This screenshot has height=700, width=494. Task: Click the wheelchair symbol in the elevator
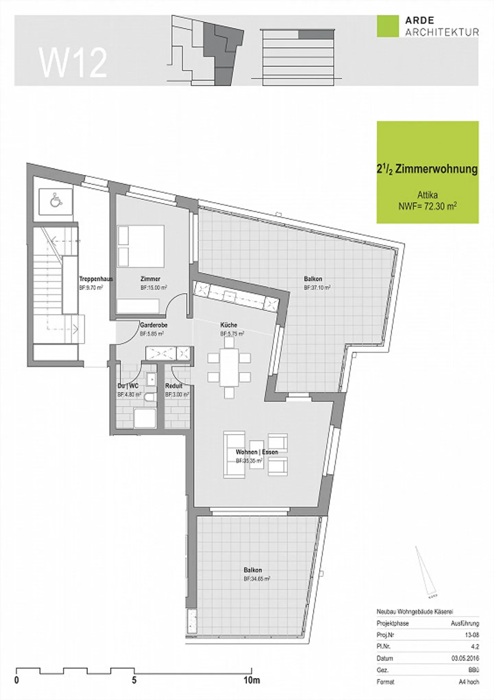[x=55, y=201]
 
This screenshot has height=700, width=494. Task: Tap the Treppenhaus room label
[x=96, y=279]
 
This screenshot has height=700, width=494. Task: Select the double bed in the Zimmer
[x=141, y=246]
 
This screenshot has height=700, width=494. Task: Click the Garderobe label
[x=153, y=325]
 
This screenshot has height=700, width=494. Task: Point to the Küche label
[x=229, y=325]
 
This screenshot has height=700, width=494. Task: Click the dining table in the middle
[x=229, y=367]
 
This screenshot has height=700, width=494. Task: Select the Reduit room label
[x=174, y=386]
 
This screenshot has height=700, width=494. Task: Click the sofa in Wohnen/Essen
[x=234, y=455]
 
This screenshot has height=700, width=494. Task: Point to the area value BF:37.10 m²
[x=317, y=288]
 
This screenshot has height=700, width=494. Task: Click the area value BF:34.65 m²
[x=257, y=579]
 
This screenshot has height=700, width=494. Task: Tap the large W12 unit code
[x=73, y=62]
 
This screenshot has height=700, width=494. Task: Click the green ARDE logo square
[x=388, y=26]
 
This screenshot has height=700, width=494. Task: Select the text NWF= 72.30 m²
[x=427, y=206]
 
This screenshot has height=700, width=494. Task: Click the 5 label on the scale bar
[x=134, y=680]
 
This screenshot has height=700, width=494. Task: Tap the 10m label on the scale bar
[x=251, y=680]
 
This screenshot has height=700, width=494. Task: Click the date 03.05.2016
[x=465, y=658]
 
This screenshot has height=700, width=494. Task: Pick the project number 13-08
[x=472, y=635]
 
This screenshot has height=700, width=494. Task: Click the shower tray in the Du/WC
[x=145, y=418]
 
